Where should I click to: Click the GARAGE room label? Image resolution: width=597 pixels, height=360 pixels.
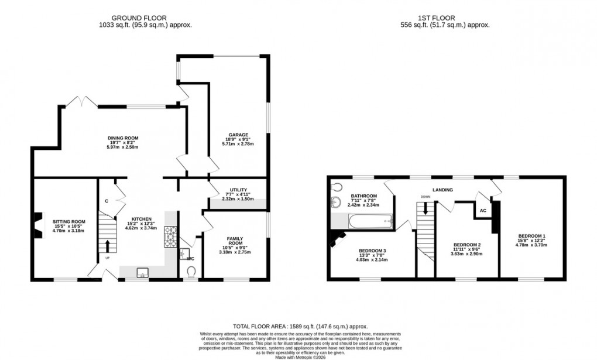click(x=238, y=135)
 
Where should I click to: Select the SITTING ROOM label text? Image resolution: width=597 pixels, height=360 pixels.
click(x=69, y=222)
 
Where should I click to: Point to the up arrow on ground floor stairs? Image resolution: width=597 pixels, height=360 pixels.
click(x=107, y=245)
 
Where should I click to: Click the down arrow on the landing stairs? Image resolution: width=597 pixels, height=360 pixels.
click(x=426, y=208)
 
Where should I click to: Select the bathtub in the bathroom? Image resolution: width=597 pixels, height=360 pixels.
click(x=370, y=221)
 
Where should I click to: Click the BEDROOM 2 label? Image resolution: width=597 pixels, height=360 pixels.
click(x=467, y=245)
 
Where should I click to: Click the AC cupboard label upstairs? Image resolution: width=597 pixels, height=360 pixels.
click(x=483, y=210)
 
